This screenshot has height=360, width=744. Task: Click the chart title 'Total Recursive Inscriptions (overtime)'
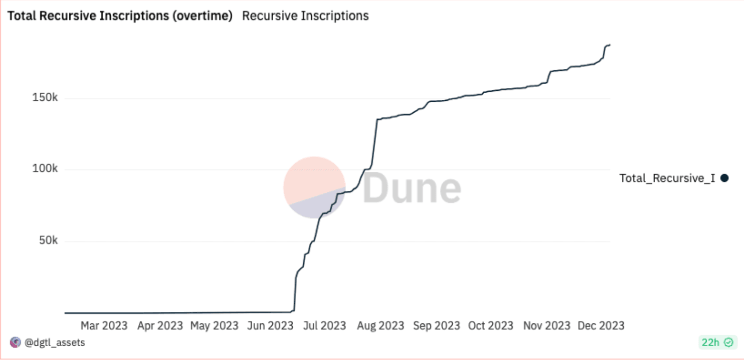[120, 16]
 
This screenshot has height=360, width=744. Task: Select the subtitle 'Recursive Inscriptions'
[305, 16]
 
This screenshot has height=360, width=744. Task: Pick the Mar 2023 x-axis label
[104, 326]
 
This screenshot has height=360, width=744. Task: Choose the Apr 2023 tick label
[159, 326]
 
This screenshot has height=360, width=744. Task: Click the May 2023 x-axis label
[214, 326]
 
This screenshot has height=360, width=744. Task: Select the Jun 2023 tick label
[270, 326]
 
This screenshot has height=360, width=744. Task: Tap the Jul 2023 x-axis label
[325, 326]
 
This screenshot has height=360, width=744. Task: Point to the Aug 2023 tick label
[381, 326]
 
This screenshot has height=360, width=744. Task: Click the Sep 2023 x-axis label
[436, 326]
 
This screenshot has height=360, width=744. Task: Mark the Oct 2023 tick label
[491, 326]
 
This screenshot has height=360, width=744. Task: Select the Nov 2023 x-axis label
[547, 326]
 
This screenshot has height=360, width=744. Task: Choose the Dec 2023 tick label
[601, 326]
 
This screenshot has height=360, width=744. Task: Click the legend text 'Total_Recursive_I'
[667, 178]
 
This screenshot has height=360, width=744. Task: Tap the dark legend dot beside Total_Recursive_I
[724, 178]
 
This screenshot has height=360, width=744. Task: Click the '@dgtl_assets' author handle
[54, 342]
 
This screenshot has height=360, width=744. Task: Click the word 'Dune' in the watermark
[412, 188]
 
